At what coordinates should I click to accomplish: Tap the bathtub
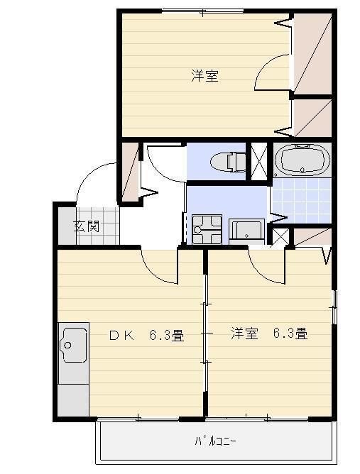[x=302, y=160]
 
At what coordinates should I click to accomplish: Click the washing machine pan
[x=207, y=228]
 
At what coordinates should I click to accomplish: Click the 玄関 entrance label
[x=87, y=227]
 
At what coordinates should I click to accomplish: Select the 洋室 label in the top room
[x=204, y=76]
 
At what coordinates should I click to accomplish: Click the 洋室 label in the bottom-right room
[x=244, y=334]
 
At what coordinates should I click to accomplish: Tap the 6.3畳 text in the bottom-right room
[x=290, y=334]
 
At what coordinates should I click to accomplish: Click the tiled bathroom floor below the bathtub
[x=302, y=201]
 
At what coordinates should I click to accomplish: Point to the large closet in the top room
[x=312, y=55]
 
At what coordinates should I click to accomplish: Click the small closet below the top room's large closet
[x=312, y=117]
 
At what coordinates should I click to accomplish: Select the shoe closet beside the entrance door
[x=129, y=171]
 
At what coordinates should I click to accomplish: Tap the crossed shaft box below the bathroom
[x=282, y=237]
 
